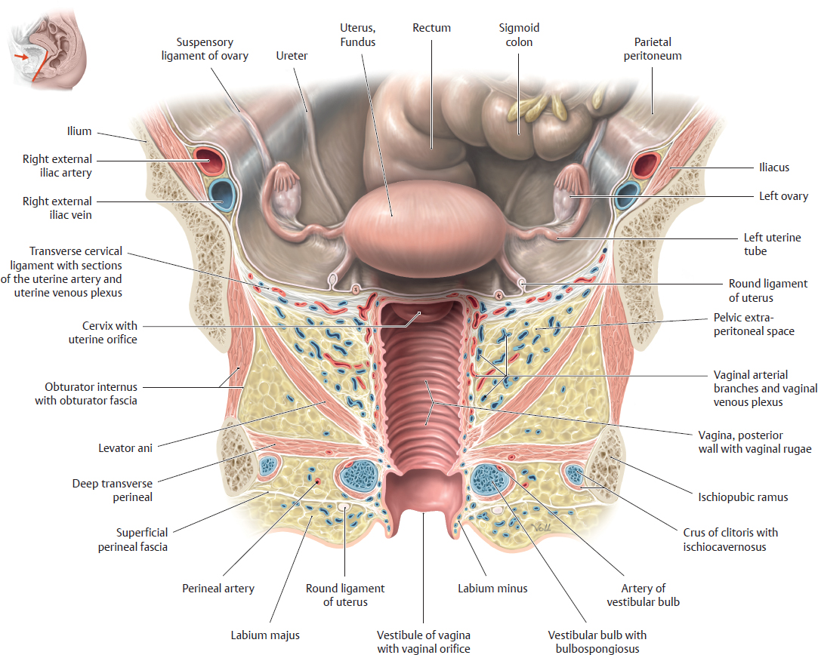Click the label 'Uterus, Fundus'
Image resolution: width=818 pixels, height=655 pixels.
pos(357,35)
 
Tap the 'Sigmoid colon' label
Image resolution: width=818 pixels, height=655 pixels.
pos(519,35)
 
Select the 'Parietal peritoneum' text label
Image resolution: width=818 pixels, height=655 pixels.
pos(653,49)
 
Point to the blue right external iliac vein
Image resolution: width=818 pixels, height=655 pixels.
pos(222,194)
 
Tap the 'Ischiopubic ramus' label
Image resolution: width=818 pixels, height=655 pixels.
pos(743,497)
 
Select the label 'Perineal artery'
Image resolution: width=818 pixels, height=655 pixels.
pos(218,588)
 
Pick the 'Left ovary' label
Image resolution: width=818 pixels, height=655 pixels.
pos(783,196)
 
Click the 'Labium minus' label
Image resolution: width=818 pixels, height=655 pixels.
pos(492,588)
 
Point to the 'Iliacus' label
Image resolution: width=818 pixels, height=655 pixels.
pos(774,168)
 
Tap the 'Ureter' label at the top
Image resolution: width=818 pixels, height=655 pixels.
pos(292,56)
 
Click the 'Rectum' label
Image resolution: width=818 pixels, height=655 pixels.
pos(431,28)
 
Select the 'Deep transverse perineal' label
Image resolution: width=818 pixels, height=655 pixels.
pos(113,490)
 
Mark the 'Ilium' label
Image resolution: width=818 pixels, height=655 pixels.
pos(78,131)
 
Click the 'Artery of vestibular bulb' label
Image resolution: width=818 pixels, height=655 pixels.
pos(637,595)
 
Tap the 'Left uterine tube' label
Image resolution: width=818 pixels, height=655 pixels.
pos(772,244)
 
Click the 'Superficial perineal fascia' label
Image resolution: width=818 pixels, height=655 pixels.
pos(132,540)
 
